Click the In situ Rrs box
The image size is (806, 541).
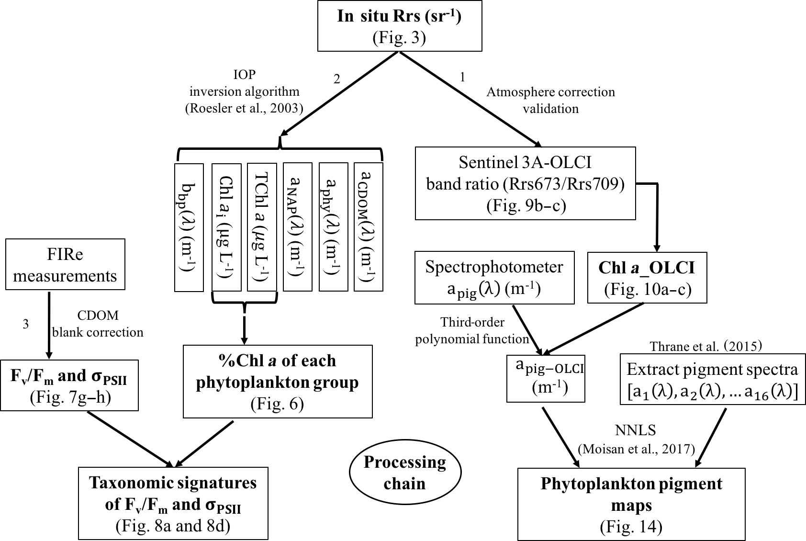pyautogui.click(x=400, y=26)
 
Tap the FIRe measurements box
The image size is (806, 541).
pyautogui.click(x=65, y=264)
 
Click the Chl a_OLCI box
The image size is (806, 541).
pyautogui.click(x=647, y=278)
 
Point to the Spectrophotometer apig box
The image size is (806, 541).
pyautogui.click(x=494, y=278)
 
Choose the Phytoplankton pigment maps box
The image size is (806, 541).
pyautogui.click(x=631, y=504)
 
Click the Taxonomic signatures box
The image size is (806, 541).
pyautogui.click(x=173, y=504)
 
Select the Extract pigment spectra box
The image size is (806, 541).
pyautogui.click(x=712, y=379)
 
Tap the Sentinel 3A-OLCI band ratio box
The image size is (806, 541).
pyautogui.click(x=525, y=183)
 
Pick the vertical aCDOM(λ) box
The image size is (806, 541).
pyautogui.click(x=368, y=226)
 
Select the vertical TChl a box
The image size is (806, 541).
pyautogui.click(x=262, y=227)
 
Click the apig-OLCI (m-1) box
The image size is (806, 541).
pyautogui.click(x=546, y=378)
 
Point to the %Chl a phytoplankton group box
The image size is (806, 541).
pyautogui.click(x=278, y=382)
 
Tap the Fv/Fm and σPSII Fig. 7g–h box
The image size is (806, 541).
pyautogui.click(x=69, y=385)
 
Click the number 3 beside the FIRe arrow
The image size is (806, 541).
pyautogui.click(x=25, y=325)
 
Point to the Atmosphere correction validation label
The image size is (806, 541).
pyautogui.click(x=550, y=100)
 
